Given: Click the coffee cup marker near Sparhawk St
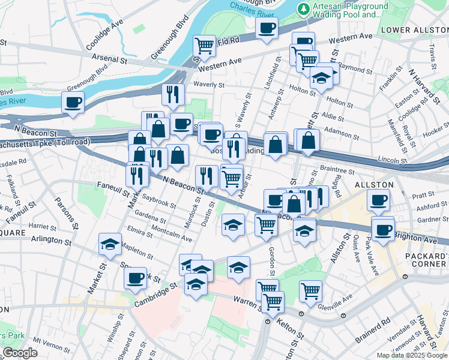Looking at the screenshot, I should (135, 277).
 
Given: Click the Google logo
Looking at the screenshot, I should (20, 353).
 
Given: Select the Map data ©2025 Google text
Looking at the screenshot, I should (412, 355).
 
